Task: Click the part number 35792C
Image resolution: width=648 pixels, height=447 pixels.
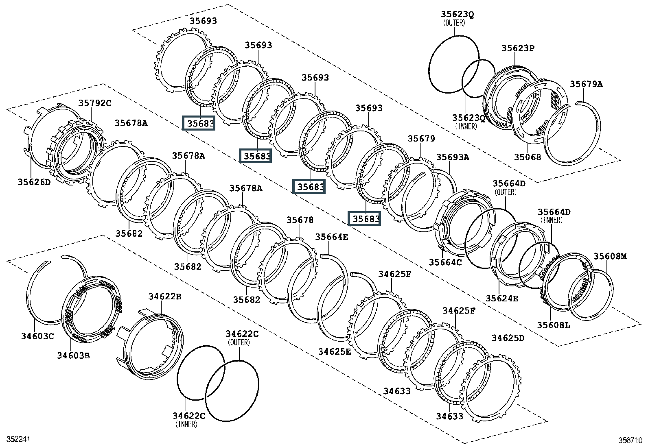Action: [95, 103]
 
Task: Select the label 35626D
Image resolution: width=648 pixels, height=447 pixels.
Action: [34, 182]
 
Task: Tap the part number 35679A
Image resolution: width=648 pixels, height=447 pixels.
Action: [587, 84]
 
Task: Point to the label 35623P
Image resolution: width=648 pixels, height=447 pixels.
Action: [518, 48]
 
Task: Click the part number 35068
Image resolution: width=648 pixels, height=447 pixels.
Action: [528, 157]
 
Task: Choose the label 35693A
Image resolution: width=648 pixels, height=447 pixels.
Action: [453, 157]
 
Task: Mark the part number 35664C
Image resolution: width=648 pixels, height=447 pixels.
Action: [445, 262]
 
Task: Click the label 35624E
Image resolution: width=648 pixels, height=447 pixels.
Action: [502, 299]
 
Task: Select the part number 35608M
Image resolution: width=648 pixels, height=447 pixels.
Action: [610, 256]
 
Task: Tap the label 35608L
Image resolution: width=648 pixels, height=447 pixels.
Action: [554, 325]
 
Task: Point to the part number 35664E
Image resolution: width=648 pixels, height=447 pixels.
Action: [331, 237]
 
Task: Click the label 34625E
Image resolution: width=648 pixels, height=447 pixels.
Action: [335, 351]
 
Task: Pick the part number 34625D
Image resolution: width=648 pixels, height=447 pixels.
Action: [508, 338]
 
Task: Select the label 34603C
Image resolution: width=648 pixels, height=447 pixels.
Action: [37, 336]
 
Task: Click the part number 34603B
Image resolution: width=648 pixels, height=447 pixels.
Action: [73, 355]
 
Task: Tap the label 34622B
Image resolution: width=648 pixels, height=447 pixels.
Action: [165, 297]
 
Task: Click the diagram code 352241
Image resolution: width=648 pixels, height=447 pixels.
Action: [18, 440]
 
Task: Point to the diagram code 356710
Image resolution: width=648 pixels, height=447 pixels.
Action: [630, 440]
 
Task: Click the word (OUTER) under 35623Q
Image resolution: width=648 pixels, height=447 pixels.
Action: [454, 23]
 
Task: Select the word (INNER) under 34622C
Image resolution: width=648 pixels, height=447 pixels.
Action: [186, 424]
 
